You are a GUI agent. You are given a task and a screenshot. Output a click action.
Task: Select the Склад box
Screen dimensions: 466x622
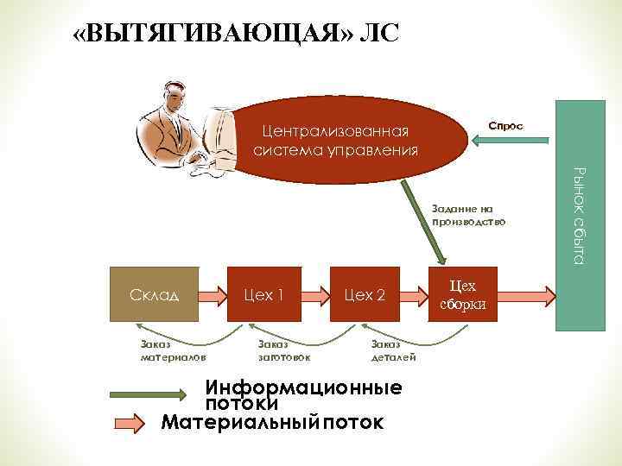pos(156,295)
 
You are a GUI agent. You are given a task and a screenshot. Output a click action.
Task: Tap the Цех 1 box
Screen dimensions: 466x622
pos(263,295)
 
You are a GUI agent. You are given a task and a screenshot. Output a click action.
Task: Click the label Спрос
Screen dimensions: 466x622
pos(505,126)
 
